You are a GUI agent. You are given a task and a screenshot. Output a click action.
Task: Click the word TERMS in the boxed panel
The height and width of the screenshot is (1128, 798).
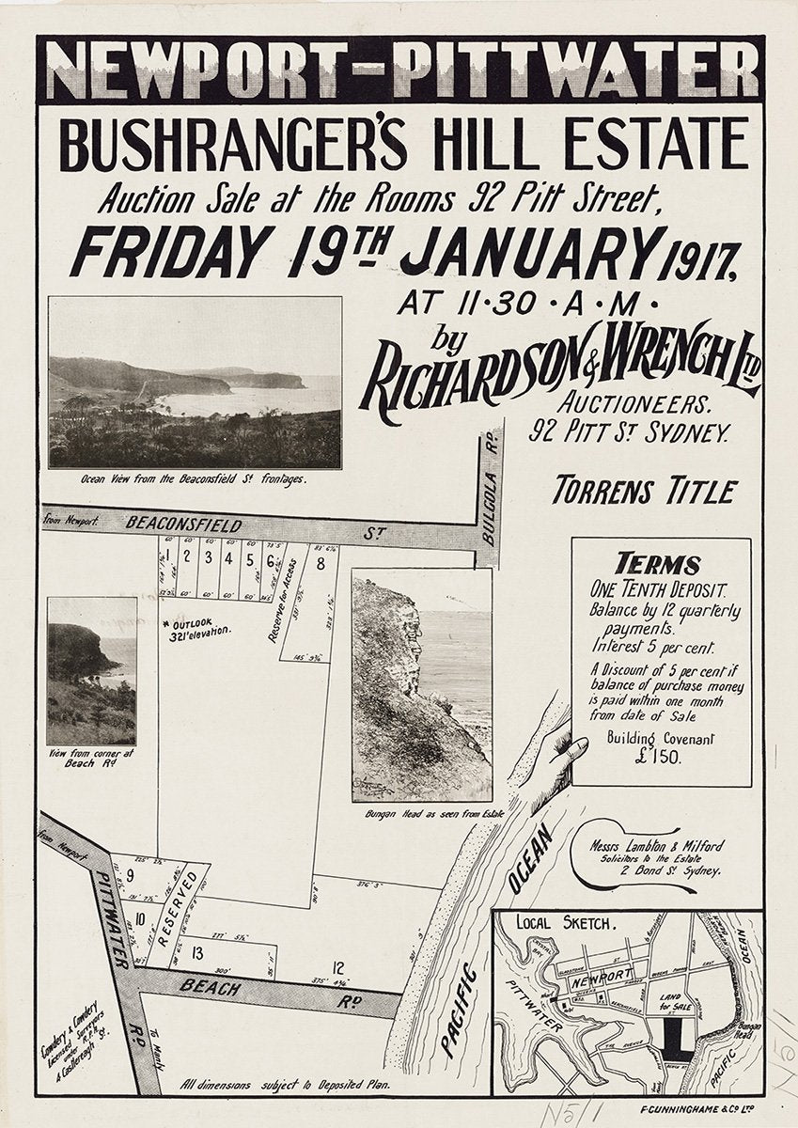tap(658, 565)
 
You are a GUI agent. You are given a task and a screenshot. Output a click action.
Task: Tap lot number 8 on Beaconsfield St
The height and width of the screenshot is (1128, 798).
tap(321, 564)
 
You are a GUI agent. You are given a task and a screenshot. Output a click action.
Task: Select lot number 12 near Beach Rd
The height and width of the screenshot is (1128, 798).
tap(338, 966)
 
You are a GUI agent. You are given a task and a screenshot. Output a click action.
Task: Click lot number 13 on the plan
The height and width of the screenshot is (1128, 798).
tap(197, 953)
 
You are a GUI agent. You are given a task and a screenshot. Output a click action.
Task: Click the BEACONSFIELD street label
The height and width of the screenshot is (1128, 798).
tap(171, 525)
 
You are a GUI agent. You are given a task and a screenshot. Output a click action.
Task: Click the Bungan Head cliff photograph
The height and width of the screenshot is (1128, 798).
tap(421, 684)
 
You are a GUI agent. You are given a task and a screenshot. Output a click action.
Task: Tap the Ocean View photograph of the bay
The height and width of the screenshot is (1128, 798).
tap(195, 383)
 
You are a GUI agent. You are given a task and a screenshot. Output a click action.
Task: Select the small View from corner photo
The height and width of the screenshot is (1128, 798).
tap(91, 671)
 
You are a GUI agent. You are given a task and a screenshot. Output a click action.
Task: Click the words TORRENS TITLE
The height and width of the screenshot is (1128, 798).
tap(644, 490)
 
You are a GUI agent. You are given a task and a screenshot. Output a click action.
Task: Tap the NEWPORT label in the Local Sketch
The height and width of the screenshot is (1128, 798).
tap(601, 977)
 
